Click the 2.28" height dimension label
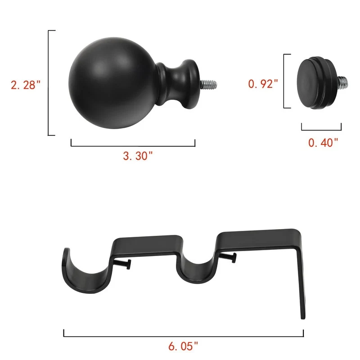point(26,85)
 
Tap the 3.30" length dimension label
point(138,156)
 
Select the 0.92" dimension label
point(263,84)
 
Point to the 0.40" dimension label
point(323,143)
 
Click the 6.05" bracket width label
point(183,346)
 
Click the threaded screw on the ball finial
point(208,84)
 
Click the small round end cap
point(317,82)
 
